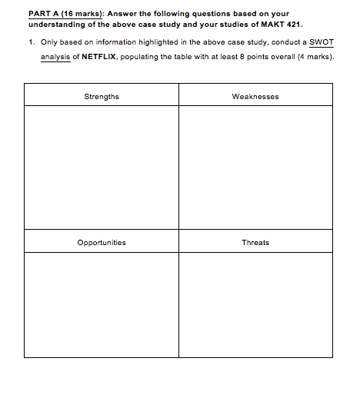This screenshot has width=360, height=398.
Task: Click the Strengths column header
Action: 102,96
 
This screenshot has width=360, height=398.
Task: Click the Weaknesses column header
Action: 255,96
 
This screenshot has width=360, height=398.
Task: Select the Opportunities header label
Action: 102,242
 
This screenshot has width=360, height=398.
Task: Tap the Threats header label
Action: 255,242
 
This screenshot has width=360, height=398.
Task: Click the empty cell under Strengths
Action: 102,167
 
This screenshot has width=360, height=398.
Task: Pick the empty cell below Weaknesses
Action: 255,167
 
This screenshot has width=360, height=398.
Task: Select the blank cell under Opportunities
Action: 102,304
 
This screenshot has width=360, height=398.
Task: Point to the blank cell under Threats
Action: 255,304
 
